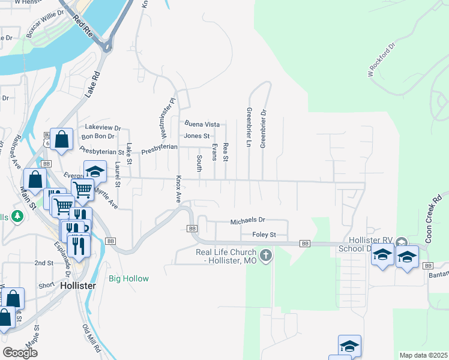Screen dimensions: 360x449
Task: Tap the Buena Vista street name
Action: pos(202,124)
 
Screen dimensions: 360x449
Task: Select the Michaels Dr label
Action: pos(247,221)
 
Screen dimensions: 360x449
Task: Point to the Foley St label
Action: pos(264,235)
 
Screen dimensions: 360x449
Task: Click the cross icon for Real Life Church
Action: pos(267,256)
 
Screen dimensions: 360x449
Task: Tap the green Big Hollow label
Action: pos(128,278)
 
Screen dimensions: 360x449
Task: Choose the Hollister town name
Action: pos(78,286)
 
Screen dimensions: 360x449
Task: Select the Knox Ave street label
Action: pos(178,190)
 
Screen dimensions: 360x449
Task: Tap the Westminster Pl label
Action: pos(167,117)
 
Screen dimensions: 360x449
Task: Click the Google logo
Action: pos(20,353)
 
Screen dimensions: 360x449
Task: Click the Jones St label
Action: pos(196,136)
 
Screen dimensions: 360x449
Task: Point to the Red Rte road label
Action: pos(83,25)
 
